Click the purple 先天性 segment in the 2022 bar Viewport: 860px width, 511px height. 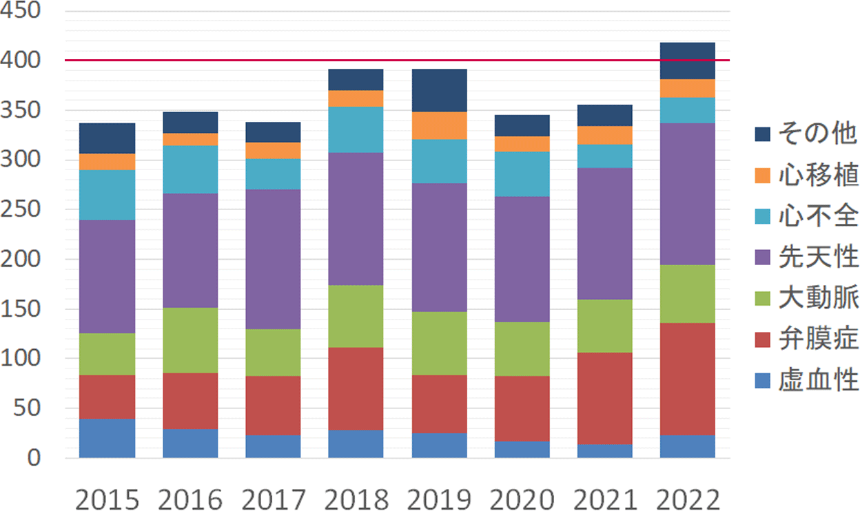pos(687,194)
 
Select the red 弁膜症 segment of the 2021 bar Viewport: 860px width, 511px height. pos(604,398)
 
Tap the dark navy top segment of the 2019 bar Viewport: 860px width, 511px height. pos(438,90)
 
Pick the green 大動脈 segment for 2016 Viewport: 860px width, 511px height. pos(190,340)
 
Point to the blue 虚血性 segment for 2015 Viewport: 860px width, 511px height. pos(107,438)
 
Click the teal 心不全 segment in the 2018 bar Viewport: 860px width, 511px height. pos(356,129)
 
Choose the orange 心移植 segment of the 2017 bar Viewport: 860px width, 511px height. pos(273,151)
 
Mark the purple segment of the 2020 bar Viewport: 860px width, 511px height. pos(522,259)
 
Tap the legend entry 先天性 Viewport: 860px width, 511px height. pos(818,257)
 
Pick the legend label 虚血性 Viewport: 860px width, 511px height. pos(818,379)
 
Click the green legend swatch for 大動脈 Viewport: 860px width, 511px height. pos(762,298)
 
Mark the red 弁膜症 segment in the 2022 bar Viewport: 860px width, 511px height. pos(687,379)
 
